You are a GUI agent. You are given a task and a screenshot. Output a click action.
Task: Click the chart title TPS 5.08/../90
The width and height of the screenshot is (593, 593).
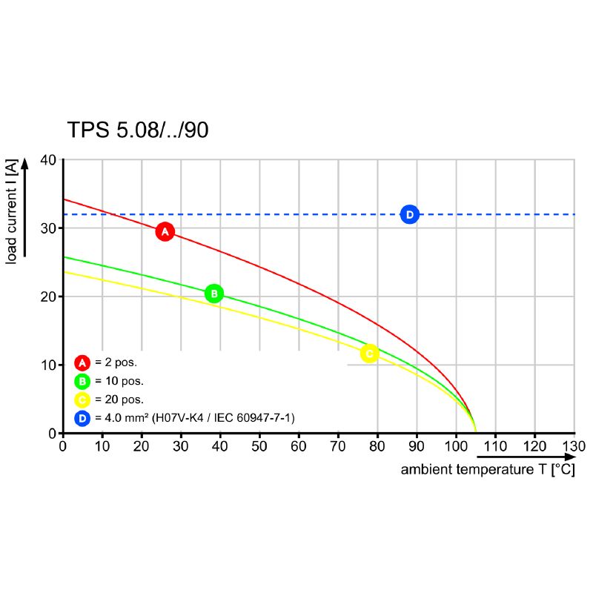pos(138,130)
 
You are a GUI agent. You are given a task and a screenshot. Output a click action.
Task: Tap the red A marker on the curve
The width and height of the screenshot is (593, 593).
pos(165,232)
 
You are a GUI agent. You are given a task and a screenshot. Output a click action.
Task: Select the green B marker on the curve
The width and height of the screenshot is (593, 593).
pos(213,294)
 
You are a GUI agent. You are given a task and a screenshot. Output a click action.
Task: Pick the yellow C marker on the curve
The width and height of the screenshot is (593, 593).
pos(369,354)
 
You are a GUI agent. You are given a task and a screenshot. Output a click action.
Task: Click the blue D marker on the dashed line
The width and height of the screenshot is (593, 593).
pos(409,214)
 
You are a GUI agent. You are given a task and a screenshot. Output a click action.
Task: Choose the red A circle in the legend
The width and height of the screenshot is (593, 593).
pos(82,362)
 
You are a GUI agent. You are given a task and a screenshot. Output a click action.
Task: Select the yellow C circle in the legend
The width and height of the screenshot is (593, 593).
pos(82,400)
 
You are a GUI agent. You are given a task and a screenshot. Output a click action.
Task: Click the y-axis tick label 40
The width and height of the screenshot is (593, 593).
pos(48,160)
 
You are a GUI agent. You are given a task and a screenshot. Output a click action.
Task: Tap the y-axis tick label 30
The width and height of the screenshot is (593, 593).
pos(48,228)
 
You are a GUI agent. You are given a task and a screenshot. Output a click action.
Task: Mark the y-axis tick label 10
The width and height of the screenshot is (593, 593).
pos(48,365)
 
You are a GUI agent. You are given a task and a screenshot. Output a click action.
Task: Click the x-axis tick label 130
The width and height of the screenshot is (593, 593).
pos(574,446)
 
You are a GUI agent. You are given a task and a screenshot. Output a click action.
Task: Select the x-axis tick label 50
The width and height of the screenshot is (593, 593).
pos(259,446)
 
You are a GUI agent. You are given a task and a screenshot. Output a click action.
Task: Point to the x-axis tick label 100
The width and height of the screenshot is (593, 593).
pos(455,446)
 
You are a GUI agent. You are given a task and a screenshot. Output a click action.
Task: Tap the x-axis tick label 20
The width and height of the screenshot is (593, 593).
pos(141,446)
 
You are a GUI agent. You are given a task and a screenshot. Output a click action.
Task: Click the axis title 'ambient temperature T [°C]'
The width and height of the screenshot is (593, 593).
pos(488,470)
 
